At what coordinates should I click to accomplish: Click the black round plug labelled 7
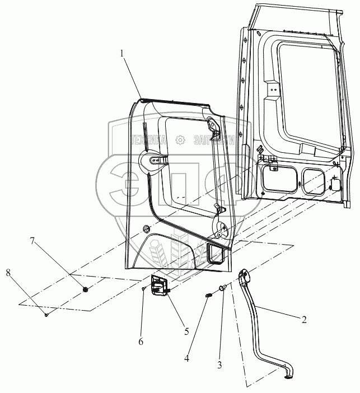[86, 289]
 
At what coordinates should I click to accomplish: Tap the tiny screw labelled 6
[144, 288]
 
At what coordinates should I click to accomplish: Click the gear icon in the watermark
[180, 140]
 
